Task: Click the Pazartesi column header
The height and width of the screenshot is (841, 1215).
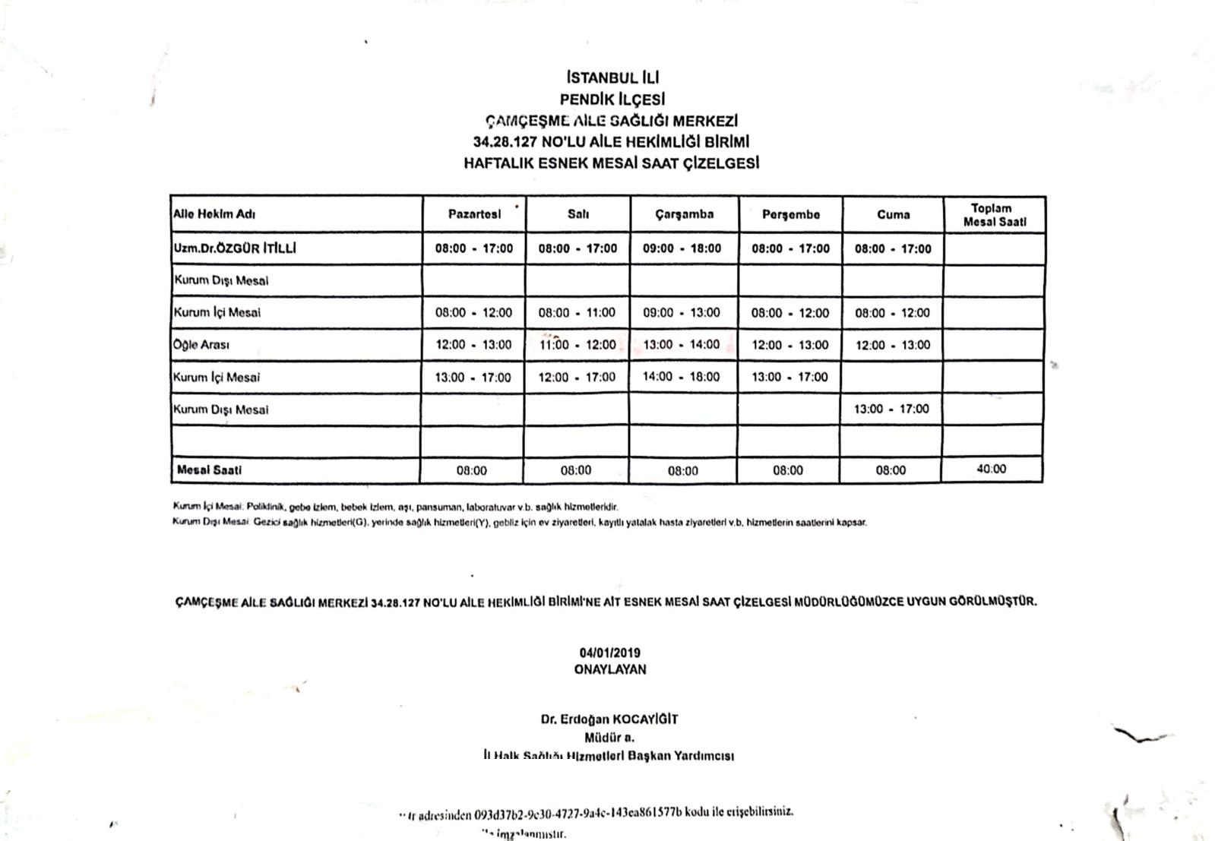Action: pyautogui.click(x=474, y=214)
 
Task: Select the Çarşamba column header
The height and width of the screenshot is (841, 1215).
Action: pyautogui.click(x=685, y=214)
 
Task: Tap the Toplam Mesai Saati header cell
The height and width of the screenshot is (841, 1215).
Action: pyautogui.click(x=994, y=215)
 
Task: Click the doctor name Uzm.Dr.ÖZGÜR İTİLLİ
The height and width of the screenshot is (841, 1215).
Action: pyautogui.click(x=235, y=248)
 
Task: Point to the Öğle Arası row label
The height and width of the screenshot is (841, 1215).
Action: pyautogui.click(x=201, y=345)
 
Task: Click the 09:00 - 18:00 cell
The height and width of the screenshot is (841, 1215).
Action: pyautogui.click(x=682, y=248)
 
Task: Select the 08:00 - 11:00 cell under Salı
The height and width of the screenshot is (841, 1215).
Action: pyautogui.click(x=577, y=312)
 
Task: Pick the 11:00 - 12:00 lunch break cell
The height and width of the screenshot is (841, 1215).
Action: pyautogui.click(x=577, y=345)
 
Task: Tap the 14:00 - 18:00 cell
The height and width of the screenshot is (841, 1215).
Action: pyautogui.click(x=682, y=377)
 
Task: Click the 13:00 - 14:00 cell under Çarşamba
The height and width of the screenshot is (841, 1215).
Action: pyautogui.click(x=682, y=345)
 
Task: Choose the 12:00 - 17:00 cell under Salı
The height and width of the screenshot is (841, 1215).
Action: pyautogui.click(x=577, y=377)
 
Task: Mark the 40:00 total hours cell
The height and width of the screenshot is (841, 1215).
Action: pyautogui.click(x=992, y=470)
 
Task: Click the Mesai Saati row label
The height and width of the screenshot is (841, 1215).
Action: pyautogui.click(x=209, y=470)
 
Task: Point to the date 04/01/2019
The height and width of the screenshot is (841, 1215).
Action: pyautogui.click(x=610, y=653)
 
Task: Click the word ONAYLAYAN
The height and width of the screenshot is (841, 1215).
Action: pyautogui.click(x=610, y=669)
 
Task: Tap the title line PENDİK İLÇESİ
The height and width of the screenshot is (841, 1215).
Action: pyautogui.click(x=612, y=99)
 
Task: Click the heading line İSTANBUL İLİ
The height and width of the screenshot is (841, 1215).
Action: pyautogui.click(x=612, y=77)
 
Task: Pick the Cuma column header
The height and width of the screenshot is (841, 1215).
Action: pyautogui.click(x=893, y=214)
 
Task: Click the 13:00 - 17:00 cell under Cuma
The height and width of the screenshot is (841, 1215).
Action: pyautogui.click(x=891, y=409)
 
